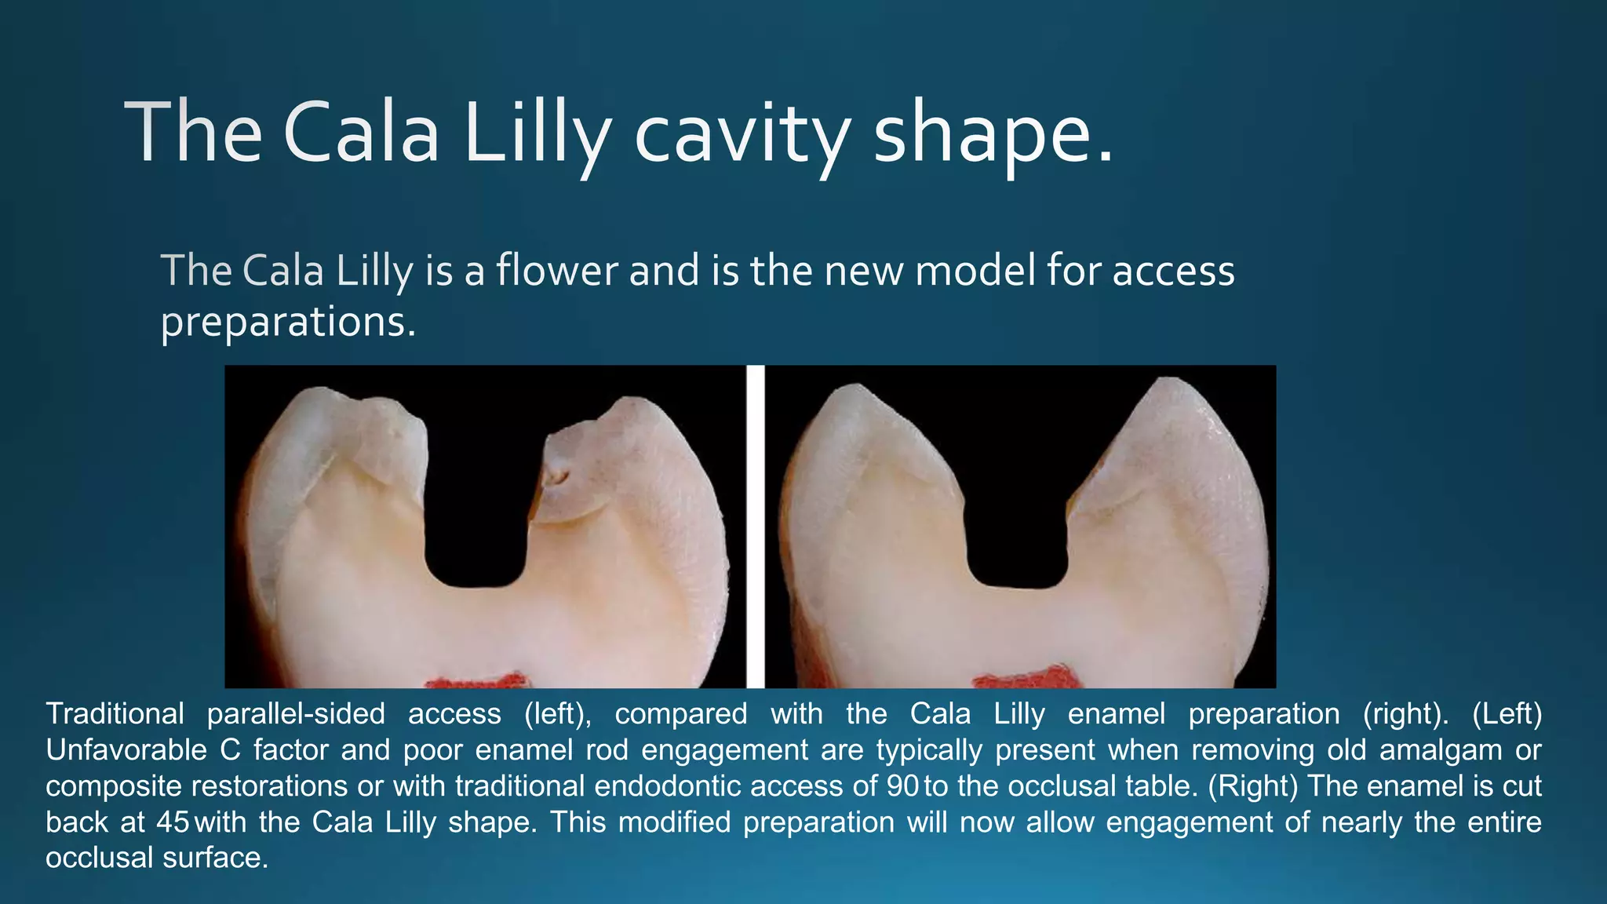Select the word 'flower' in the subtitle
coord(556,271)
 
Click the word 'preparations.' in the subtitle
coord(288,322)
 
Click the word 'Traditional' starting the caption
coord(115,714)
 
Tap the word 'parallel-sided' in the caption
coord(296,714)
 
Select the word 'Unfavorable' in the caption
coord(126,750)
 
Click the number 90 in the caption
coord(902,786)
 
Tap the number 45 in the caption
coord(173,822)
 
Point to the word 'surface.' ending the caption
coord(216,858)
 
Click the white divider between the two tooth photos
coord(755,526)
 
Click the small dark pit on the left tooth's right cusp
coord(559,476)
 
